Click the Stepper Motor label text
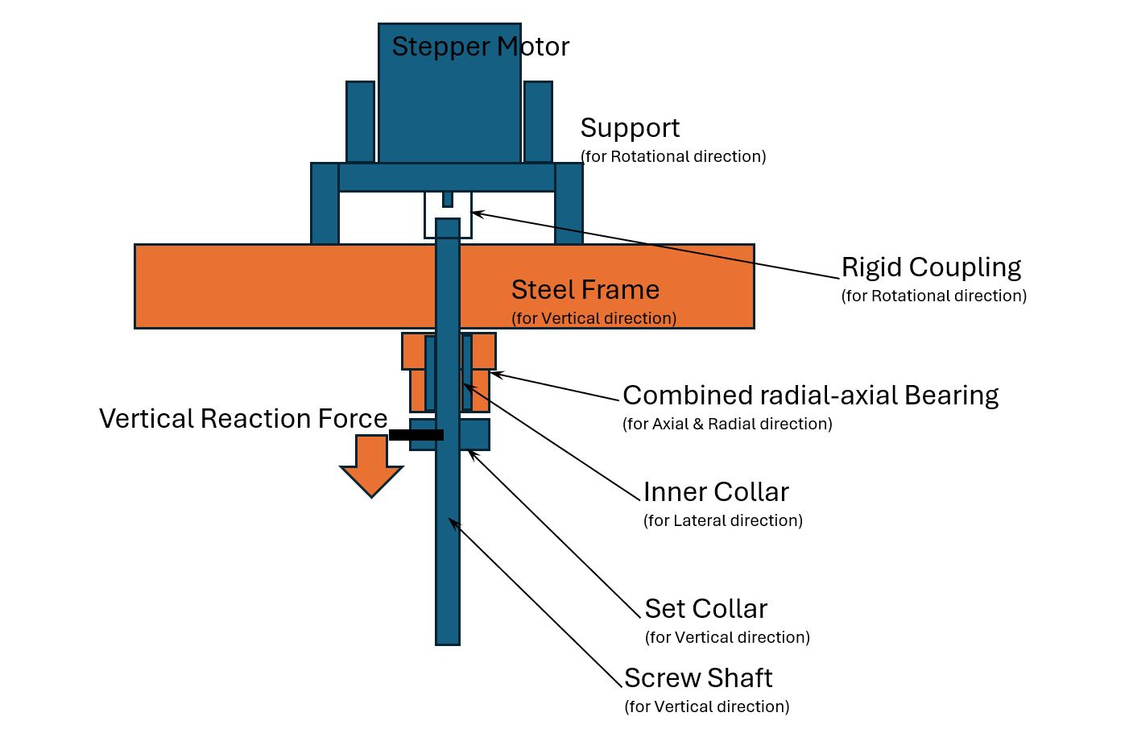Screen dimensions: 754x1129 point(480,47)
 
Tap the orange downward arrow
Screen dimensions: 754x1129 point(371,467)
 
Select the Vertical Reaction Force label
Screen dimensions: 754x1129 point(243,419)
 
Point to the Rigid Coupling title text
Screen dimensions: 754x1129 point(931,267)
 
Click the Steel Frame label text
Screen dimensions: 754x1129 point(585,290)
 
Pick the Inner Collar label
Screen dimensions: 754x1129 point(716,492)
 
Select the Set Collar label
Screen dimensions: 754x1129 point(706,609)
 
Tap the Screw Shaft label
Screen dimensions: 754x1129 point(698,678)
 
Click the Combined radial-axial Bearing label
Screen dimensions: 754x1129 point(810,396)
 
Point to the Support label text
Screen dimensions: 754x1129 point(630,128)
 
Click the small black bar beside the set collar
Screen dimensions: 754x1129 point(416,435)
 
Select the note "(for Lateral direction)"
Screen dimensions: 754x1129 point(722,521)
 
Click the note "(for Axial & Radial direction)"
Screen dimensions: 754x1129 point(727,425)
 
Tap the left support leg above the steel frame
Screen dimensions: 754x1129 point(325,203)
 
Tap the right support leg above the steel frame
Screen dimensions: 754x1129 point(569,203)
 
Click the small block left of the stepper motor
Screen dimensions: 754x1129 point(360,122)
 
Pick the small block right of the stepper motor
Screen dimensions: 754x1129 point(538,122)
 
